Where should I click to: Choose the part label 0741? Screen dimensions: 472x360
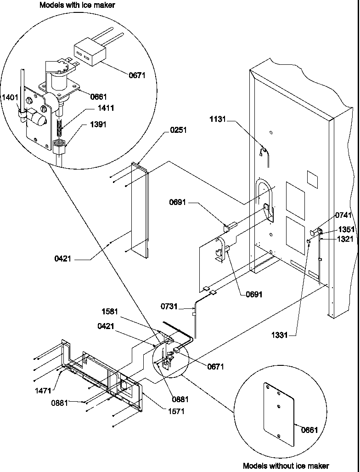pos(343,215)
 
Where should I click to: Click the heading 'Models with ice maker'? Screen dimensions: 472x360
pos(77,5)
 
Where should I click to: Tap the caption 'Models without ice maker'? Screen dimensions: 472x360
pos(286,466)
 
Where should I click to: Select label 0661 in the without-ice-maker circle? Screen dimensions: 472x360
pos(309,430)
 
